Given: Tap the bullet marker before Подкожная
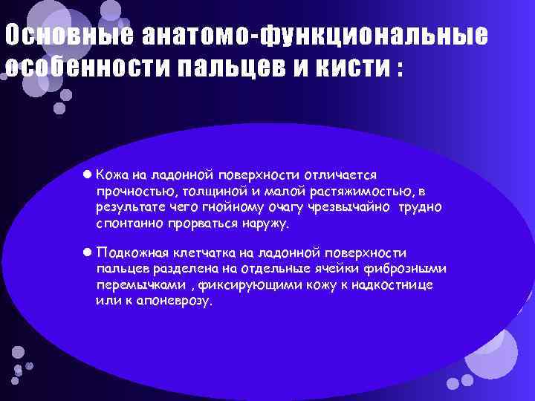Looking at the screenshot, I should pyautogui.click(x=88, y=253).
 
